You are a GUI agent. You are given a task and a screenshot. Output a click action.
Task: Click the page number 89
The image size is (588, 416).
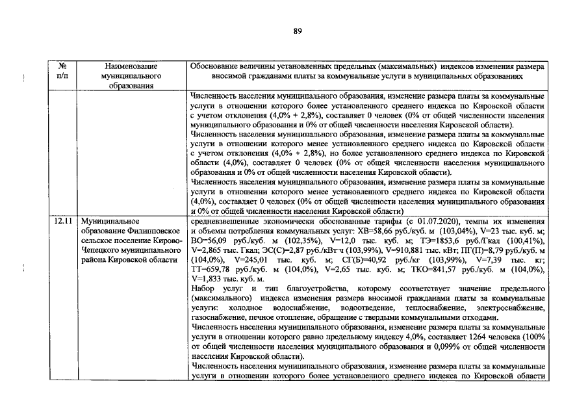(298, 31)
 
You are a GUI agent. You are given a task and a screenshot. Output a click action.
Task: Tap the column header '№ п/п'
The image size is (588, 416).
(63, 71)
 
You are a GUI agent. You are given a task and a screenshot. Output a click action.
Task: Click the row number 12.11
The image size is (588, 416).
(63, 222)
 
